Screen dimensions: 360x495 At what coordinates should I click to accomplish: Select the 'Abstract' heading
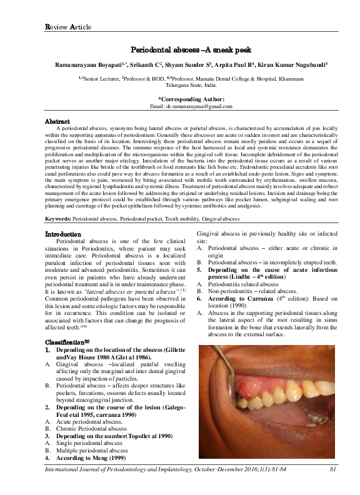[57, 120]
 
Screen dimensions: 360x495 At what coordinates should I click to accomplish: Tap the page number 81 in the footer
[333, 486]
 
